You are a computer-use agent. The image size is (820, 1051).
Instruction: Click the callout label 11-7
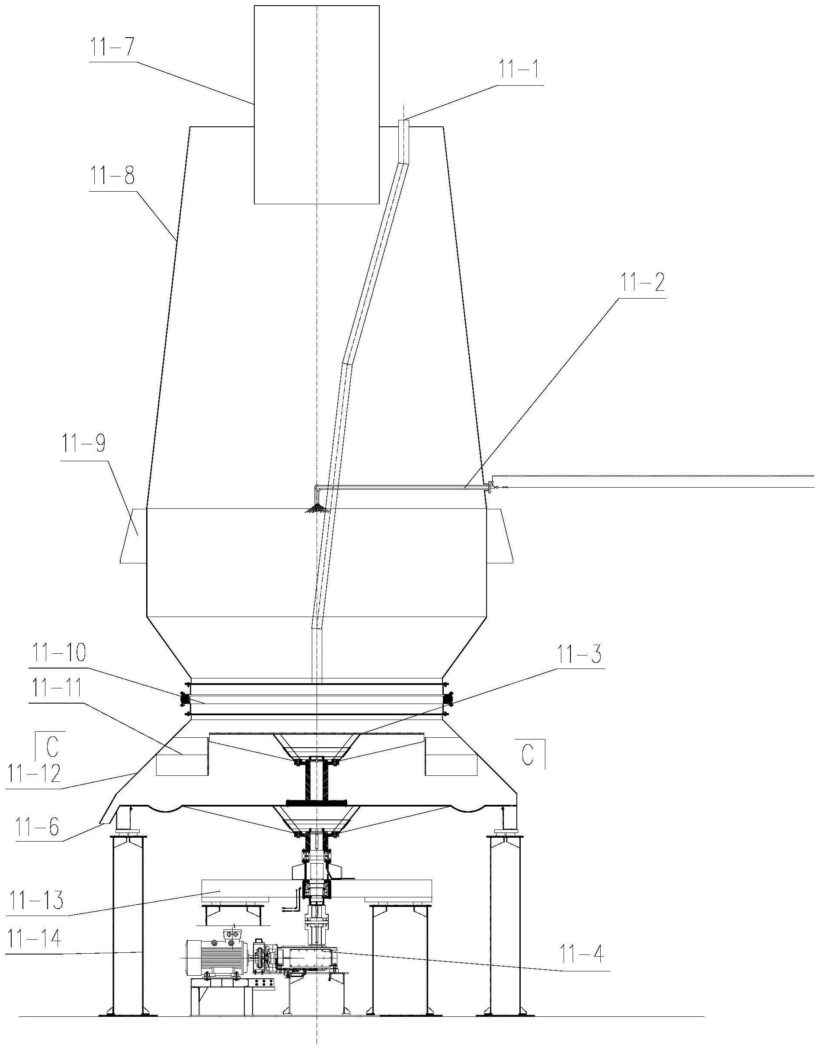point(112,50)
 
